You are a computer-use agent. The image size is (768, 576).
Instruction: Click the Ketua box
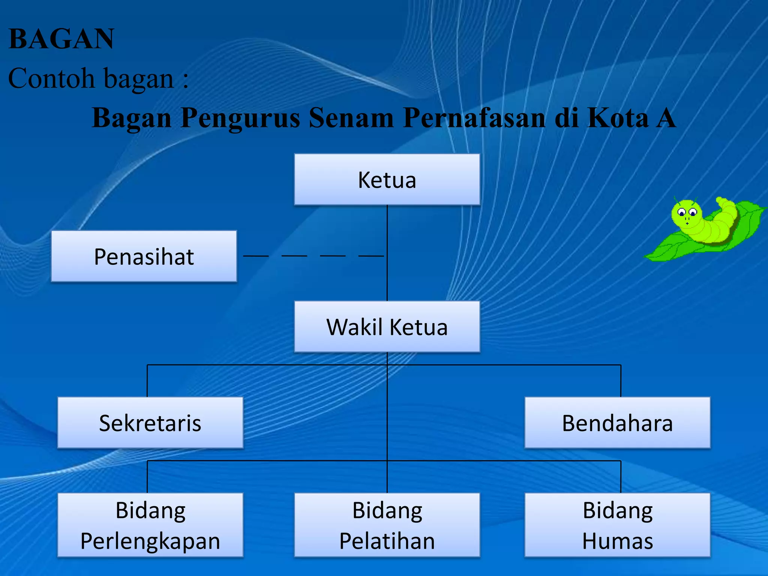click(x=387, y=179)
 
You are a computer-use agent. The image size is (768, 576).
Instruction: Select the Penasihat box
click(x=144, y=256)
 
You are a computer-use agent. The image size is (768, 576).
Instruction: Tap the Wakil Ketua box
click(x=387, y=327)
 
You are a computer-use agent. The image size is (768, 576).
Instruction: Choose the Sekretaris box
click(x=150, y=423)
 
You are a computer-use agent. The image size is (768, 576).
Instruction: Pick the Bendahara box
click(x=617, y=423)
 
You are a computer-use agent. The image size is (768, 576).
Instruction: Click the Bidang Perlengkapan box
click(x=150, y=525)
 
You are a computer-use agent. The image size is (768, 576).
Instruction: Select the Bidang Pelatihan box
click(x=387, y=525)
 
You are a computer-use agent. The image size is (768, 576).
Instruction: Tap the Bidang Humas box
click(x=617, y=525)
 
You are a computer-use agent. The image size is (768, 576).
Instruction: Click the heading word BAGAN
click(x=61, y=39)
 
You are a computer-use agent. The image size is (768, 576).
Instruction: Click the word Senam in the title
click(x=351, y=118)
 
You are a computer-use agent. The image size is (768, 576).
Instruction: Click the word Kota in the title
click(x=618, y=118)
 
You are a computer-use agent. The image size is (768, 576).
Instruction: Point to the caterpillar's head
click(x=686, y=213)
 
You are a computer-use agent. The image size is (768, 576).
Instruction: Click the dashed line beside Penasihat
click(x=313, y=256)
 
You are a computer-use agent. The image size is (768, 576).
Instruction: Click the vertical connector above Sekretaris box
click(x=147, y=381)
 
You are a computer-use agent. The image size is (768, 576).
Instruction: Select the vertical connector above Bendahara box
click(x=621, y=381)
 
